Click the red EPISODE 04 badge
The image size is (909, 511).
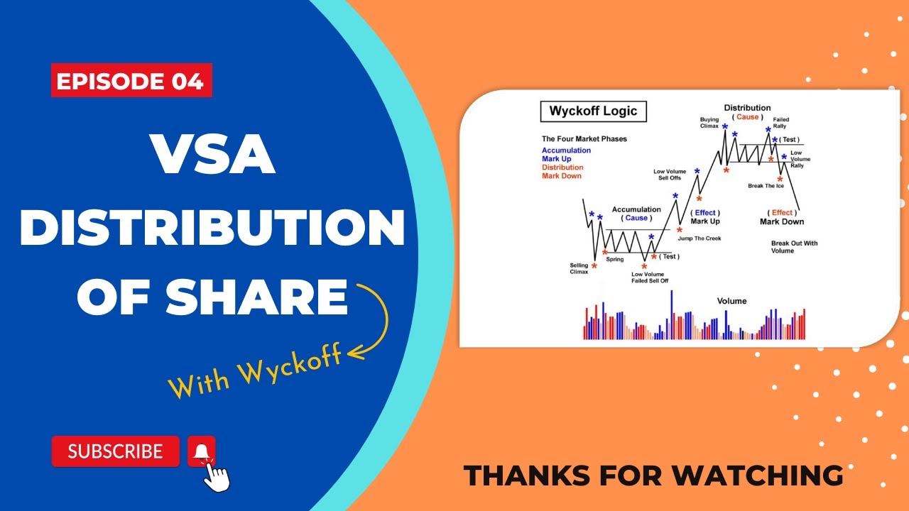tap(131, 81)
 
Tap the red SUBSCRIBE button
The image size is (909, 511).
tap(115, 451)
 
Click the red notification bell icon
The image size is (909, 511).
tap(201, 451)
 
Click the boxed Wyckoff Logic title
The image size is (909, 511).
tap(593, 111)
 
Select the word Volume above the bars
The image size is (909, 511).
tap(731, 301)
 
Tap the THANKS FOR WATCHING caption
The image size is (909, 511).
tap(653, 476)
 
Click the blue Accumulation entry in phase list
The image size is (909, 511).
tap(566, 150)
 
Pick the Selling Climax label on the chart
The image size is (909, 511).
tap(579, 268)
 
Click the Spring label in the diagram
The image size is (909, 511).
tap(614, 260)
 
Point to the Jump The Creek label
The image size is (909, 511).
tap(699, 238)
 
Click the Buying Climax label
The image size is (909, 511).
tap(709, 123)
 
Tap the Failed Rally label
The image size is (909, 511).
tap(781, 123)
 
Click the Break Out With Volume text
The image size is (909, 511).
tap(794, 247)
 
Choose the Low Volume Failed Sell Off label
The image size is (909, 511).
tap(650, 278)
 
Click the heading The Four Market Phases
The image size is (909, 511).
tap(584, 139)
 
